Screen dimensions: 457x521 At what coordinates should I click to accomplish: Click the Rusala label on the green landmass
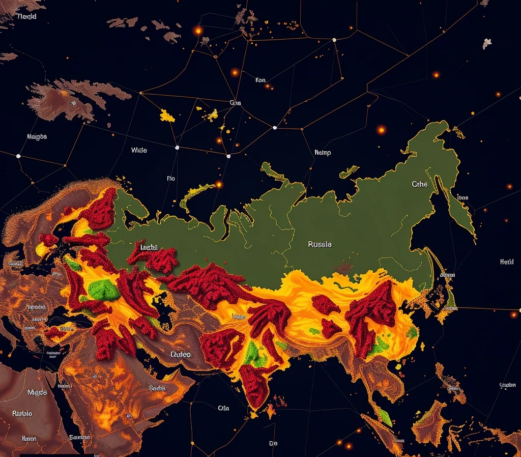[320, 244]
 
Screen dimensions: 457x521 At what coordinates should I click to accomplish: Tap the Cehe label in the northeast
[420, 184]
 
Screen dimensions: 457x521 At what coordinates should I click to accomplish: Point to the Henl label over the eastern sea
[507, 262]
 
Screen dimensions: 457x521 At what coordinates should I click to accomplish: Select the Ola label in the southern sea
[223, 408]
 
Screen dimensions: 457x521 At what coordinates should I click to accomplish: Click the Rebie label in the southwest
[21, 413]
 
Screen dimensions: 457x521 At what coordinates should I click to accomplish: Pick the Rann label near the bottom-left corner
[29, 438]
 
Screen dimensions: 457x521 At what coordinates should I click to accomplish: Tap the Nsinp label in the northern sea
[323, 152]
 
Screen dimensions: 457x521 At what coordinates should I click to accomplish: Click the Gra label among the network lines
[235, 103]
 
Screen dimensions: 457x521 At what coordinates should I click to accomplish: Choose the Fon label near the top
[260, 80]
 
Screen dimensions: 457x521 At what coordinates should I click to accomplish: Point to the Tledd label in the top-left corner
[26, 16]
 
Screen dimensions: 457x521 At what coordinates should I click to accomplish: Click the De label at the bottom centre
[273, 443]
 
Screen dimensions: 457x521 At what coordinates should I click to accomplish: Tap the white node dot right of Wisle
[177, 148]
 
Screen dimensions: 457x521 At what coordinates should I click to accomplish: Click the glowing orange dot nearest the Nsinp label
[381, 130]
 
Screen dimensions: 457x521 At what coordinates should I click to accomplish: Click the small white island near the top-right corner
[487, 43]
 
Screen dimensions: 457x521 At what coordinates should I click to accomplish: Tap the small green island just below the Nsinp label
[349, 173]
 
